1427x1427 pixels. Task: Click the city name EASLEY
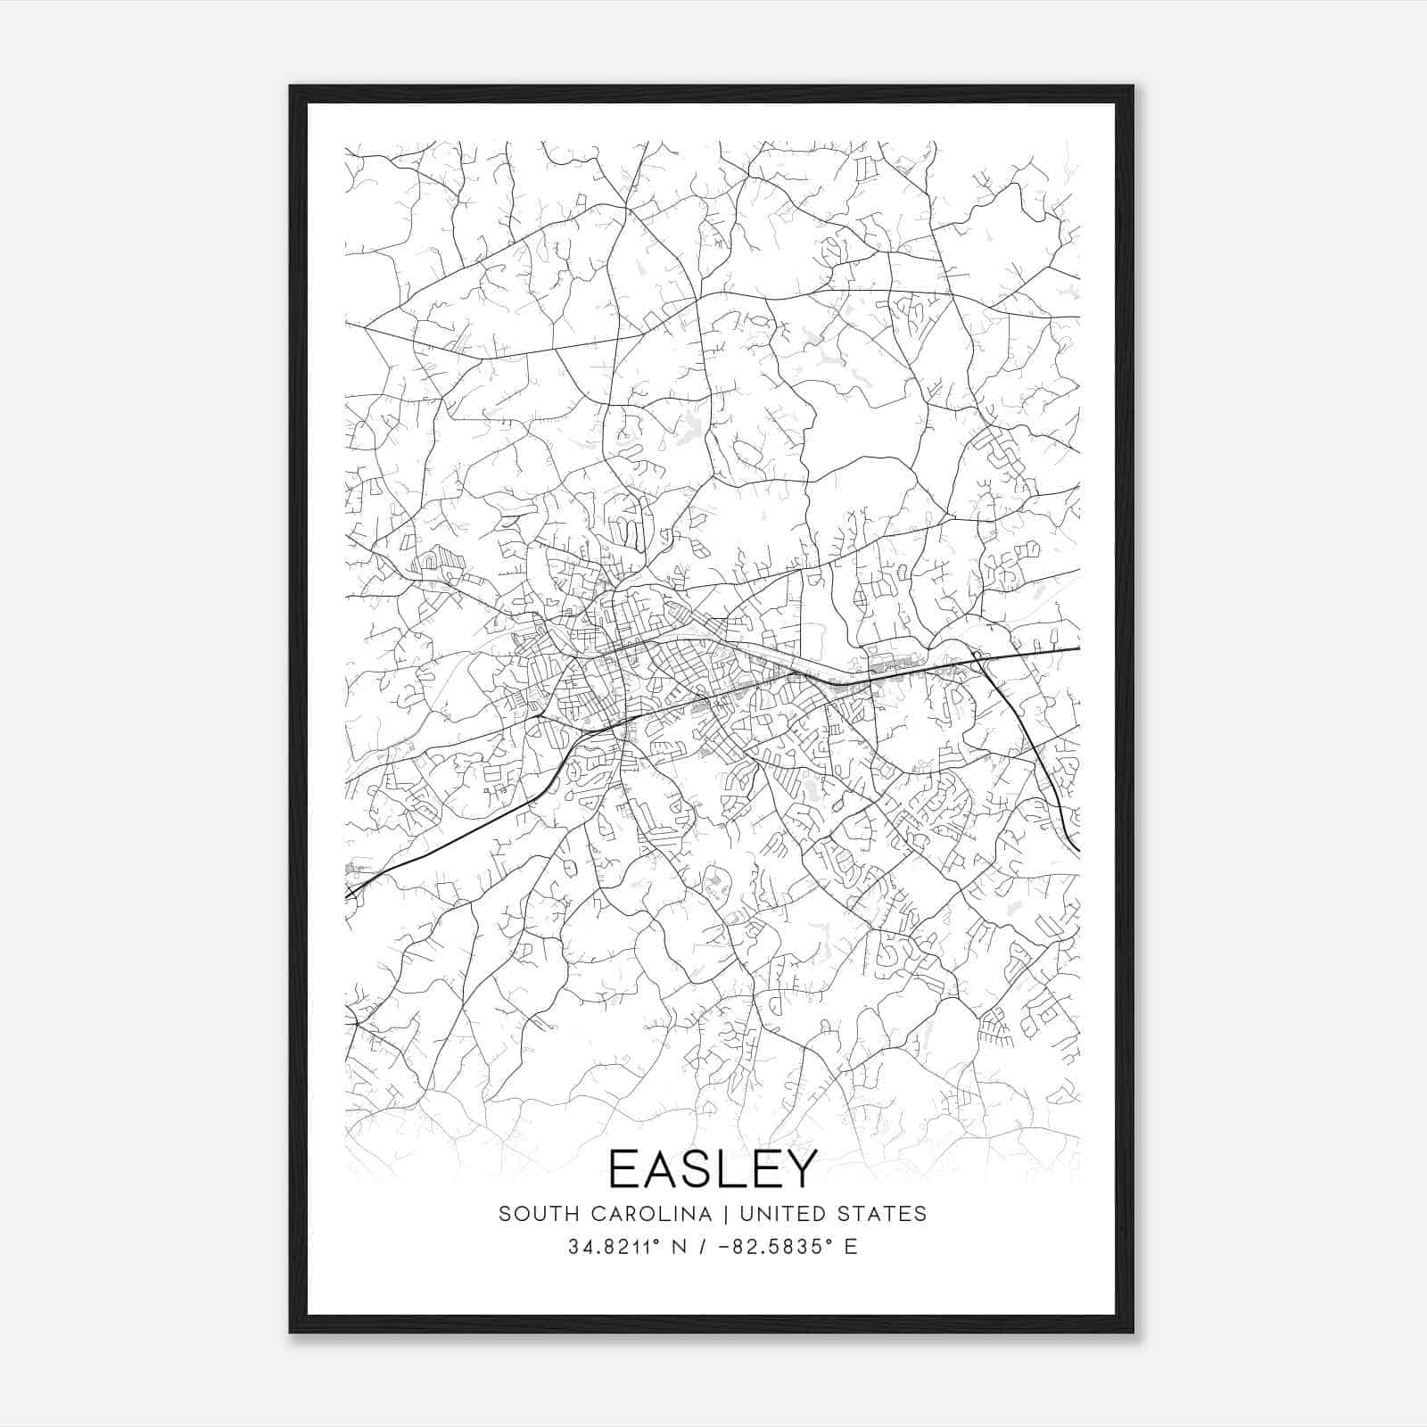tap(713, 1168)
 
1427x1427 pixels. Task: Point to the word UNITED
tap(785, 1214)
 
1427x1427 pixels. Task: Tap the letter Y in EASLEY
tap(800, 1168)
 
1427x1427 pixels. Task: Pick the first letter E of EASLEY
tap(622, 1168)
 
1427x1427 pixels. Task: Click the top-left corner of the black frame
tap(291, 87)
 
